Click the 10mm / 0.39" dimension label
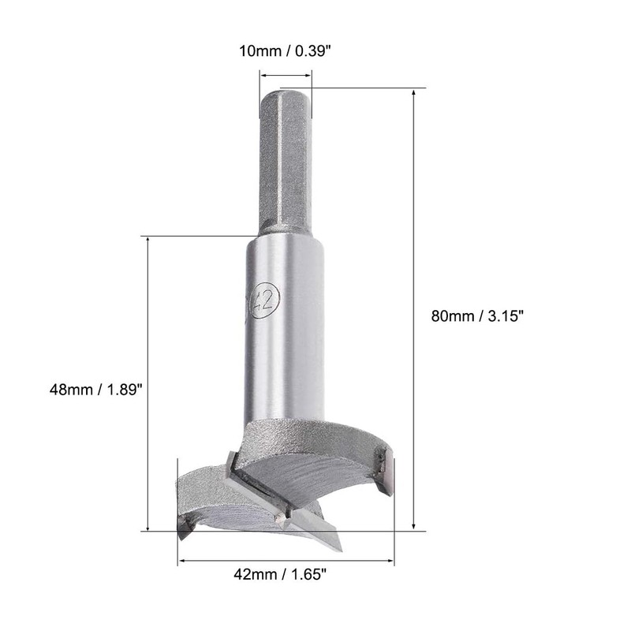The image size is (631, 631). [x=285, y=51]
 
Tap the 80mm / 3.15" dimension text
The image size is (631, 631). [x=477, y=315]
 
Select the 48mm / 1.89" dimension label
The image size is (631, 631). [x=95, y=389]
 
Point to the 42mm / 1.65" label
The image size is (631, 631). [x=280, y=574]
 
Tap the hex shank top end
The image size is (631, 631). [x=285, y=93]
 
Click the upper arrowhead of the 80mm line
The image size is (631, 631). [x=413, y=93]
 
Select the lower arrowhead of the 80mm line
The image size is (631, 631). [x=413, y=525]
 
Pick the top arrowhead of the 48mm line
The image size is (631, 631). [x=148, y=241]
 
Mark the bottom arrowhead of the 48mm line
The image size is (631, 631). [x=148, y=526]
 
